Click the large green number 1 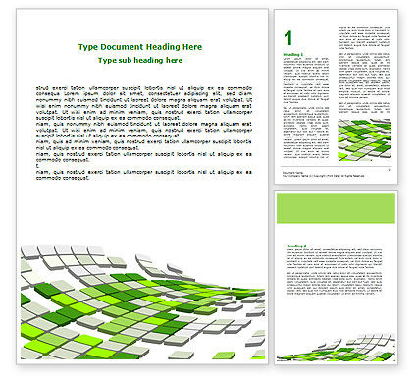pyautogui.click(x=288, y=37)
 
